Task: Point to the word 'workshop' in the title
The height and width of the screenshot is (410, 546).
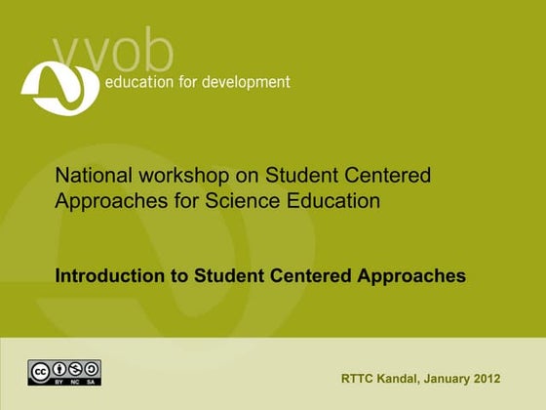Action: pos(178,176)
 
